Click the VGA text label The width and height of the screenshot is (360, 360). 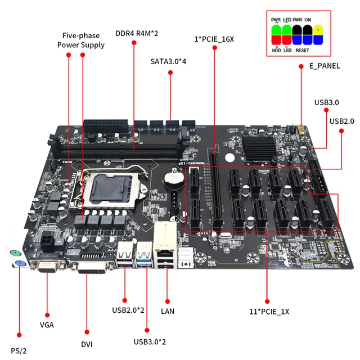47,324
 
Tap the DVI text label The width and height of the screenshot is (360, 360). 86,344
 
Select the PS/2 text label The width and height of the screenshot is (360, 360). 18,350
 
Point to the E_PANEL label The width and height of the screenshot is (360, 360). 325,66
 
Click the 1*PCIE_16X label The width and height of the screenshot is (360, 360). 214,39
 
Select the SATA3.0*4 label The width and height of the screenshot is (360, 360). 169,60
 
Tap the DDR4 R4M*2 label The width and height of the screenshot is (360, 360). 137,33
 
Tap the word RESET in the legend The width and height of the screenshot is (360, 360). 303,51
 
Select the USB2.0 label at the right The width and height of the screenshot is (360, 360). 341,121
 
